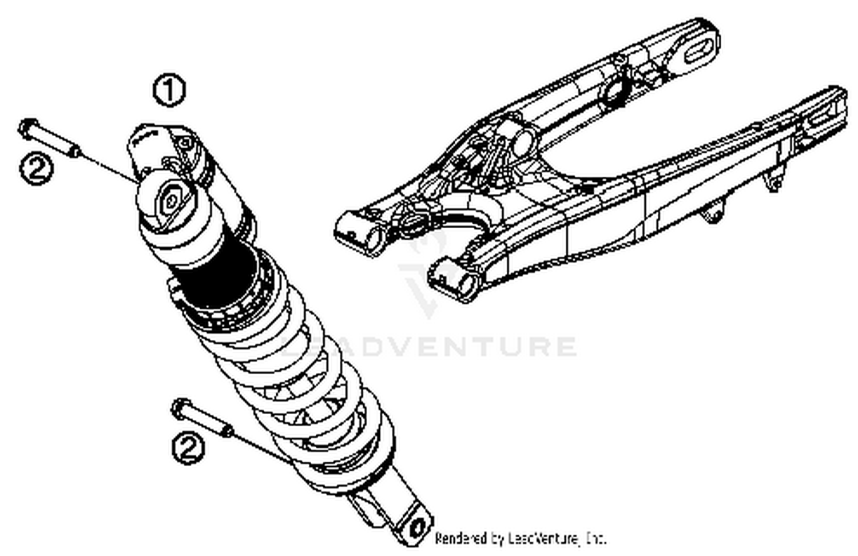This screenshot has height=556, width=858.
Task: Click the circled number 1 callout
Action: click(169, 91)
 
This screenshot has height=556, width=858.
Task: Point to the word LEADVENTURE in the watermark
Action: click(429, 347)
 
